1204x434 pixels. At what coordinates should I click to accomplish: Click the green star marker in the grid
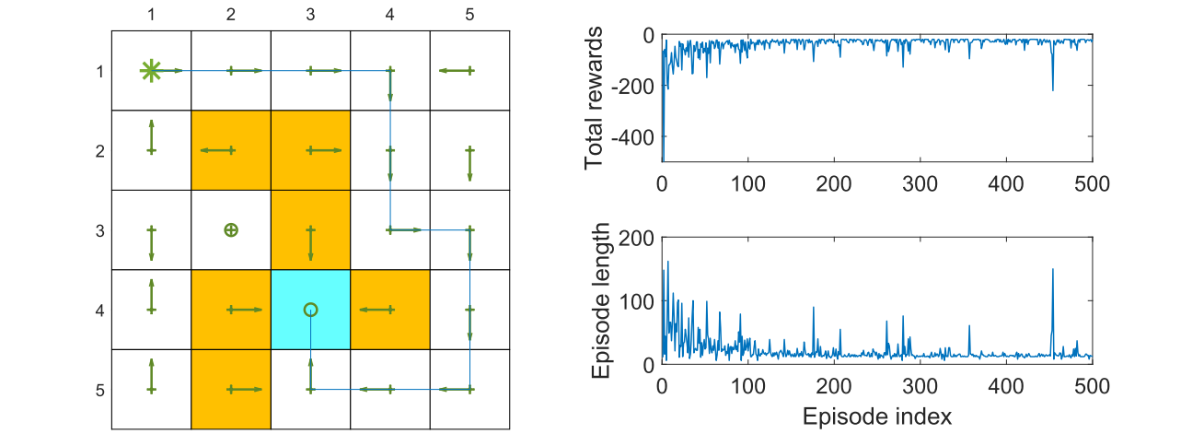point(150,70)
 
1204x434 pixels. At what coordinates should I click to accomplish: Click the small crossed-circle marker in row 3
point(231,229)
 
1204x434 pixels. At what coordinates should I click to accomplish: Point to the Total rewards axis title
point(594,98)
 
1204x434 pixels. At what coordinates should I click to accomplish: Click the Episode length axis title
point(599,300)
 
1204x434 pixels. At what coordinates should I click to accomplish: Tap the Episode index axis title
point(876,416)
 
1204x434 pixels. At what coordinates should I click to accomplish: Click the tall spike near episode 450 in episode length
point(1052,270)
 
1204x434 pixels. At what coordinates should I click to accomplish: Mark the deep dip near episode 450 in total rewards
point(1052,88)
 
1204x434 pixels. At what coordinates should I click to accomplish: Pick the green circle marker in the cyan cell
point(311,310)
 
